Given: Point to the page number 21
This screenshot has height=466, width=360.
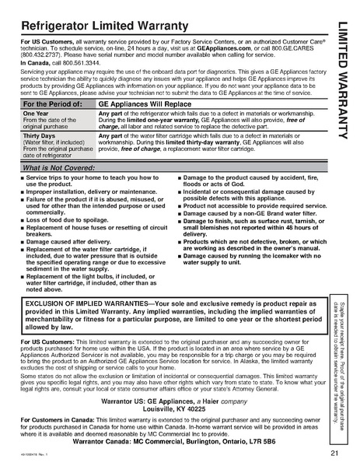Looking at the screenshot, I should tap(333, 454).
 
